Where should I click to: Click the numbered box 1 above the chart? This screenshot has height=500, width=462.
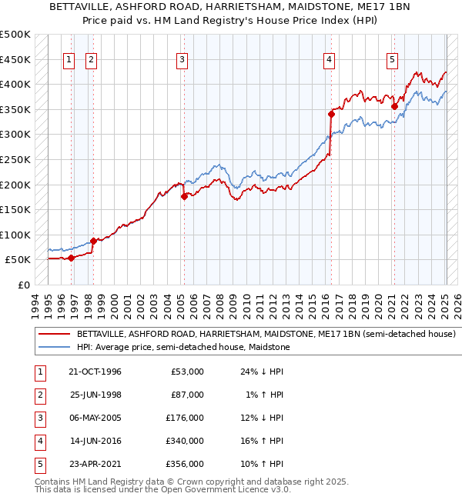(69, 60)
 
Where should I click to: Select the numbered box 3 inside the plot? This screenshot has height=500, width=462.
(182, 60)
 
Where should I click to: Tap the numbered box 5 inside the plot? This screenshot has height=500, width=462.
(392, 60)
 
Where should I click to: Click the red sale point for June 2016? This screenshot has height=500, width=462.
(331, 114)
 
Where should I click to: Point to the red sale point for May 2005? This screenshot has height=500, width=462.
(184, 196)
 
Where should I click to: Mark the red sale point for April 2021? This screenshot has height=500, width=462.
(394, 106)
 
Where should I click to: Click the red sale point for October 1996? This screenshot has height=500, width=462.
(72, 258)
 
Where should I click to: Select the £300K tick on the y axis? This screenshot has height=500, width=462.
(15, 135)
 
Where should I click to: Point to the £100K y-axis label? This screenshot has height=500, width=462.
(15, 235)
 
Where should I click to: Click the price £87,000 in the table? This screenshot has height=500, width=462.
(187, 395)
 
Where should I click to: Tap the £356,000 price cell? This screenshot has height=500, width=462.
(186, 464)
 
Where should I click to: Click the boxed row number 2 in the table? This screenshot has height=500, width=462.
(38, 395)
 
